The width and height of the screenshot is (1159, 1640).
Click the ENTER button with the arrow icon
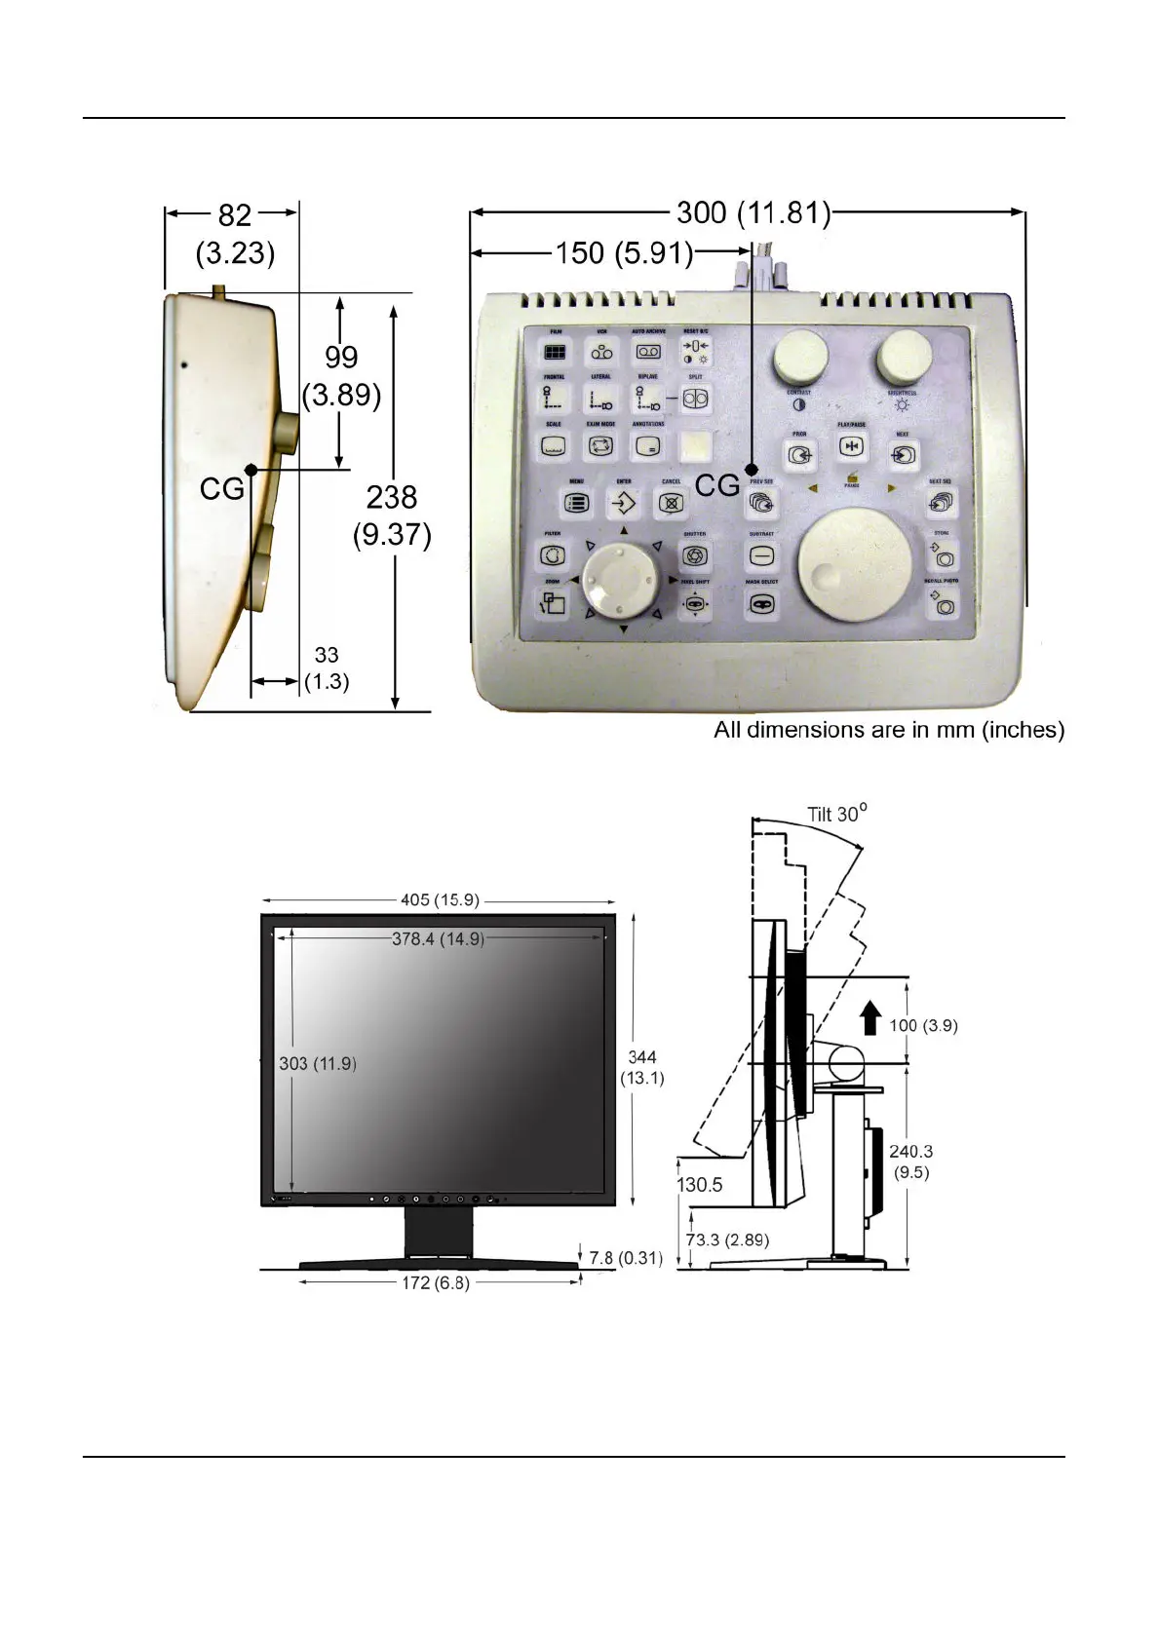click(623, 504)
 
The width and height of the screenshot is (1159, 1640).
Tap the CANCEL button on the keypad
click(670, 504)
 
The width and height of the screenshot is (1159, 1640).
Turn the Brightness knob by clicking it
click(903, 360)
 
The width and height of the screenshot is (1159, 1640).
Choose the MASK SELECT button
click(762, 604)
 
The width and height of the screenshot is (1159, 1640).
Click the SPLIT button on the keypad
click(695, 399)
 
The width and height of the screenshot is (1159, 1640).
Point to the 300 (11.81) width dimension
click(753, 212)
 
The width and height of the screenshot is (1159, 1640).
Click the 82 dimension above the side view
click(235, 214)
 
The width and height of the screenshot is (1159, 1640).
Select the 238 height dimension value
click(392, 498)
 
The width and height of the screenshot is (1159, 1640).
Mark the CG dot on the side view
click(251, 470)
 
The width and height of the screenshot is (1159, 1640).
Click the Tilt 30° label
click(836, 814)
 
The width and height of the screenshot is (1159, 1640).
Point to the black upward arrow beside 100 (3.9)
click(871, 1020)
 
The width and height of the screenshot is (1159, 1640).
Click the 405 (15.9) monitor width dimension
click(441, 899)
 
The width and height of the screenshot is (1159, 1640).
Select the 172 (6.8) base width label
click(436, 1282)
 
